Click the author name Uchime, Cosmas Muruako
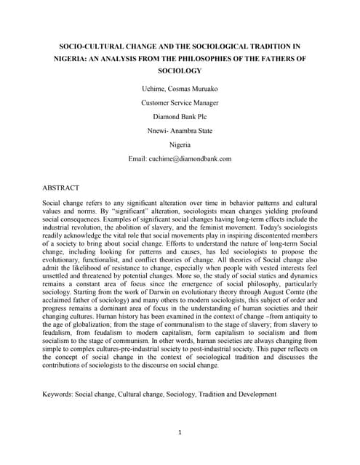pyautogui.click(x=180, y=89)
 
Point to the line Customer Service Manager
pyautogui.click(x=180, y=103)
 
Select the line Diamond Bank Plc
pyautogui.click(x=180, y=117)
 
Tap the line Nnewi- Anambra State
pyautogui.click(x=180, y=131)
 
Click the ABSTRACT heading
pyautogui.click(x=61, y=187)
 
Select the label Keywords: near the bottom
pyautogui.click(x=61, y=395)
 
